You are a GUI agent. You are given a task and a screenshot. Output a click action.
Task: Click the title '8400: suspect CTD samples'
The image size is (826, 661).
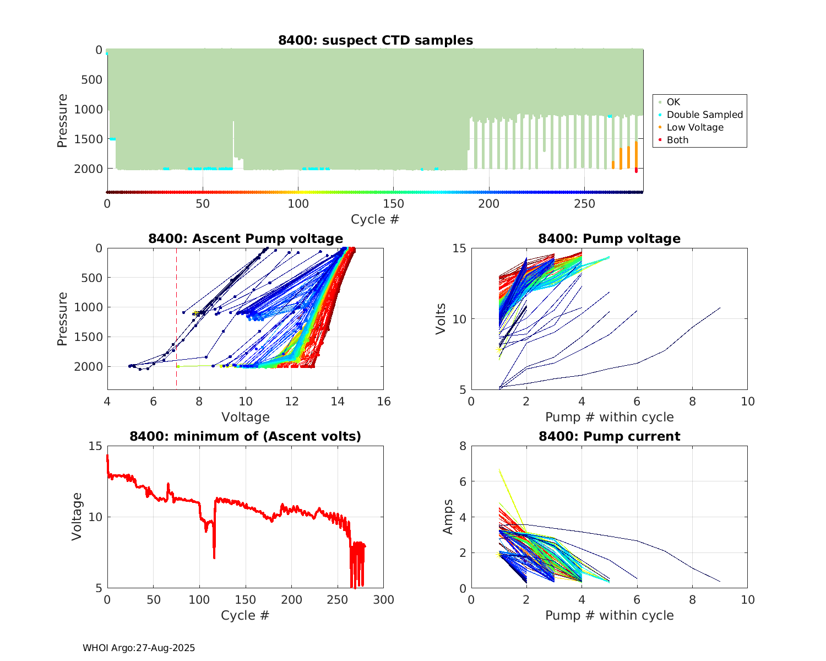pos(375,40)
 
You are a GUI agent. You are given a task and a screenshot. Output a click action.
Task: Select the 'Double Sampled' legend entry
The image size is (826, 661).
pos(704,115)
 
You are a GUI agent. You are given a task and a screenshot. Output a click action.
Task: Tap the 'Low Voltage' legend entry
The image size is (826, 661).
pos(695,127)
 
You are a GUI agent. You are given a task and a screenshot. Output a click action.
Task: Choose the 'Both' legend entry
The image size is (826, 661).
pos(677,140)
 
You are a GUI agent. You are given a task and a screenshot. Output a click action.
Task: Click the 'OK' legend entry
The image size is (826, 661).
pos(673,102)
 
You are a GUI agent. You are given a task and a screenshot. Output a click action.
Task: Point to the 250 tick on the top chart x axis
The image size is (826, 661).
pos(584,204)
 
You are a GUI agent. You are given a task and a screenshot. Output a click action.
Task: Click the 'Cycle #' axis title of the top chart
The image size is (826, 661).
pos(375,219)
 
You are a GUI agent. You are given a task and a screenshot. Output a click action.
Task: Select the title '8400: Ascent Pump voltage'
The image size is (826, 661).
pos(246,239)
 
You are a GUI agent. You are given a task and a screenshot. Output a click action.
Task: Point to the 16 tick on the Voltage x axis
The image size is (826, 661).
pos(384,402)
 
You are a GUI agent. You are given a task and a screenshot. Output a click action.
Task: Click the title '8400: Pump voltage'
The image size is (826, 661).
pos(609,239)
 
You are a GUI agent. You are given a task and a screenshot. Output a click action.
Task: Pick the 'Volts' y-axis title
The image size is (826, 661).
pos(441,319)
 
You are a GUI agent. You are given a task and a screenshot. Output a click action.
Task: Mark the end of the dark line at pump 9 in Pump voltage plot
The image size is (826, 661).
pos(720,308)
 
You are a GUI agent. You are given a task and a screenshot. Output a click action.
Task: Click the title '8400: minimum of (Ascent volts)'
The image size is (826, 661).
pos(246,436)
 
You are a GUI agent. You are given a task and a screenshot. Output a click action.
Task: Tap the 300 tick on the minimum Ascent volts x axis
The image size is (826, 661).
pos(384,600)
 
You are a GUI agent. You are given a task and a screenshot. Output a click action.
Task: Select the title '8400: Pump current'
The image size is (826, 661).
pos(609,436)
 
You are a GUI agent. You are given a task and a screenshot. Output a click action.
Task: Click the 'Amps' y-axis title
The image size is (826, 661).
pos(448,517)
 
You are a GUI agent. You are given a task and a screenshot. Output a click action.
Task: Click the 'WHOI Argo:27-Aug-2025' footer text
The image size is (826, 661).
pos(139,648)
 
